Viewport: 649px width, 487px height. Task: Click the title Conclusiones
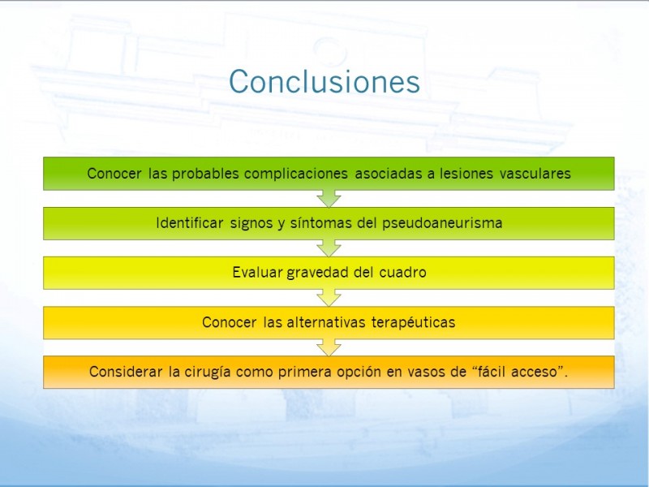point(324,81)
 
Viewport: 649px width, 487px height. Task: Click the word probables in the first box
point(205,174)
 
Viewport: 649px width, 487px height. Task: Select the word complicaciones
point(295,174)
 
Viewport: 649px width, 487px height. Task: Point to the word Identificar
point(190,222)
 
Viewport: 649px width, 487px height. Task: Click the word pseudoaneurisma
point(441,223)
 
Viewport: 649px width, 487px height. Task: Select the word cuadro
point(402,273)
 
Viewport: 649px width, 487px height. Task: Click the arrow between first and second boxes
point(329,199)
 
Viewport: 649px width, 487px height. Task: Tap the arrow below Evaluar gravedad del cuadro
point(329,298)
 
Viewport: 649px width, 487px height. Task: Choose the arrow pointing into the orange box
point(329,347)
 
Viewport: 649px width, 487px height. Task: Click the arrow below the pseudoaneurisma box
point(329,248)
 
